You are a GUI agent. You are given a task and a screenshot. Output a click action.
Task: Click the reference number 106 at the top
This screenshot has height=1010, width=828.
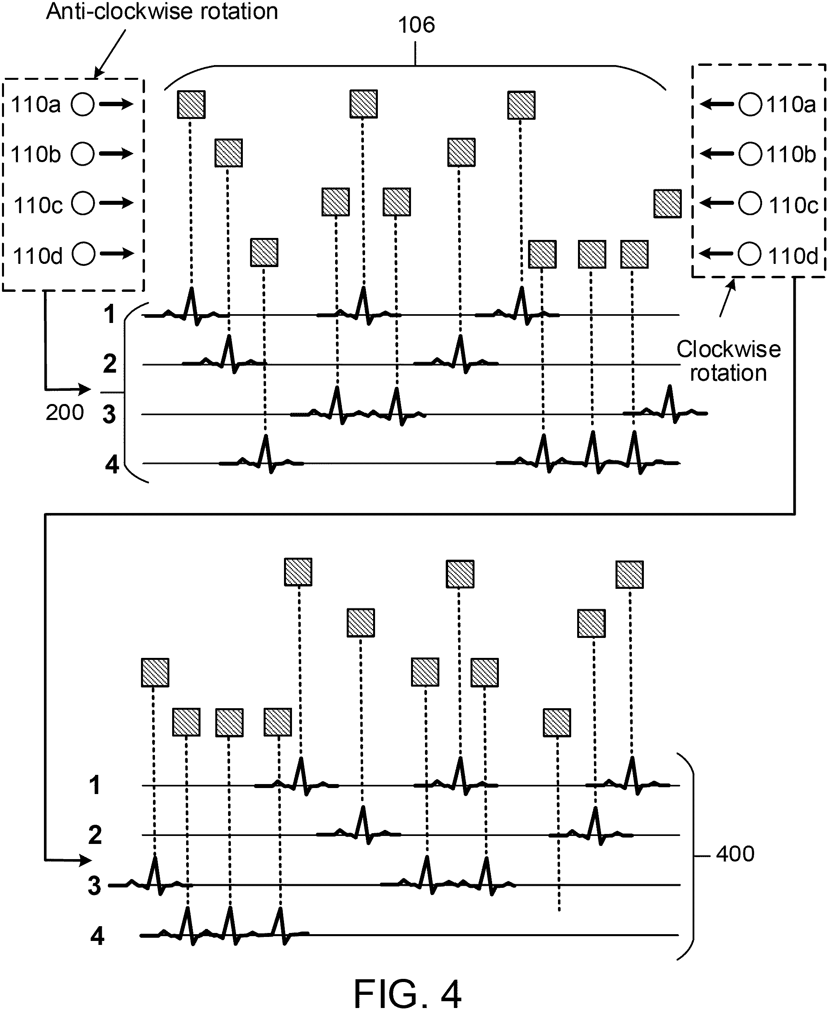point(416,25)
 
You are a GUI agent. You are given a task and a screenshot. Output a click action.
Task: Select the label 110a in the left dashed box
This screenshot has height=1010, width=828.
point(36,104)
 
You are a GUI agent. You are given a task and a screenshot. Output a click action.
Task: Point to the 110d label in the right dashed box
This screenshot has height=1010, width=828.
point(793,256)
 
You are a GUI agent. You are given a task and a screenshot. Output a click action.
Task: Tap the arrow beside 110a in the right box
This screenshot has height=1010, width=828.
point(717,103)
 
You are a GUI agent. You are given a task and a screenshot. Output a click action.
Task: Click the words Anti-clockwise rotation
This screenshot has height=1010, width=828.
point(162,12)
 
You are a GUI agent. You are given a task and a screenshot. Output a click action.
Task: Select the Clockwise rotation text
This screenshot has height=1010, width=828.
point(728,361)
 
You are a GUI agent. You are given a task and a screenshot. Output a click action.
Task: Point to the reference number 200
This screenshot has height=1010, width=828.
point(65,412)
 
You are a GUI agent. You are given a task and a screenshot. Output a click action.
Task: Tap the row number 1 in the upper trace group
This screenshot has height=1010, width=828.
point(110,315)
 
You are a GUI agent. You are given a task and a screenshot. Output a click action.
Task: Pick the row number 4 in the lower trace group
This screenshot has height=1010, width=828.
point(97,936)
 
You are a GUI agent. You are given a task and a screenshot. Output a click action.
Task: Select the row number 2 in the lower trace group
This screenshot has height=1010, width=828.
point(95,835)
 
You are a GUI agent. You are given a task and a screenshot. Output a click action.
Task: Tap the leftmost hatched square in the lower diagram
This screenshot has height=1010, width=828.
point(155,673)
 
